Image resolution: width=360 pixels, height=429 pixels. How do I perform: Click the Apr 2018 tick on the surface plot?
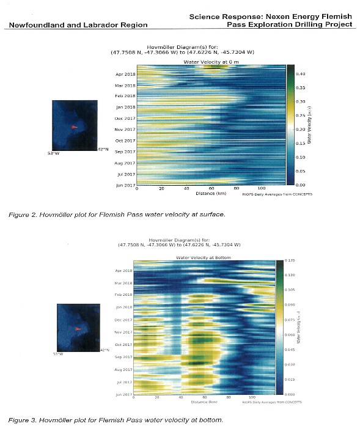pos(125,74)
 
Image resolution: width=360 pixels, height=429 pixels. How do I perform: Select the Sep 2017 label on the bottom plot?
pos(123,357)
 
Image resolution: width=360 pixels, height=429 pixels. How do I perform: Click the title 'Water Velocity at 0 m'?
pos(209,62)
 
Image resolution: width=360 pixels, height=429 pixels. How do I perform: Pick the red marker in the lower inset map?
pos(77,329)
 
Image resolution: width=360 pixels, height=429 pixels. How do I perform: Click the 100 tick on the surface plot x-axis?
pos(262,188)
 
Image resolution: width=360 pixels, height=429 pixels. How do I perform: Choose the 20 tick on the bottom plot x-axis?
pos(157,398)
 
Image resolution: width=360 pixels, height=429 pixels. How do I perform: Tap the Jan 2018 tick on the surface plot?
pos(125,107)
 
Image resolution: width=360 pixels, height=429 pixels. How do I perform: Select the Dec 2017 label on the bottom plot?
pos(123,320)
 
